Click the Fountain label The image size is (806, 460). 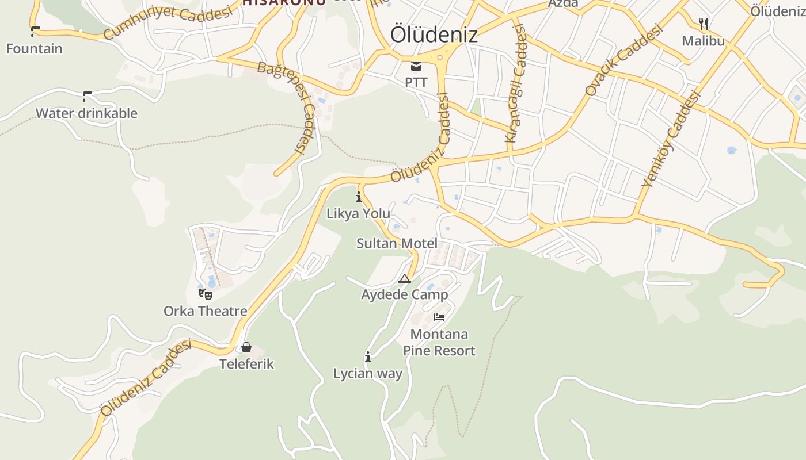(34, 49)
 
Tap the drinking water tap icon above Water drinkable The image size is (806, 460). (87, 96)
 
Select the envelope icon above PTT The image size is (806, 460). (416, 66)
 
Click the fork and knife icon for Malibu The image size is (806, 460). (703, 24)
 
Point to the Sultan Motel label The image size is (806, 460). (397, 243)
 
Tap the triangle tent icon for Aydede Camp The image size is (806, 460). (405, 279)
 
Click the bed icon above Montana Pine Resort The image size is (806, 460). (439, 317)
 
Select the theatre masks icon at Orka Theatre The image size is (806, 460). (206, 294)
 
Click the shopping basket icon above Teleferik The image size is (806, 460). (246, 347)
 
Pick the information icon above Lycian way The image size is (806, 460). (368, 357)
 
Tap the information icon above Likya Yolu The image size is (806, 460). (359, 197)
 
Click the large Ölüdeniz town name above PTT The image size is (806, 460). (434, 34)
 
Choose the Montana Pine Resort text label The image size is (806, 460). (439, 343)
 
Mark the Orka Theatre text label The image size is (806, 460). (206, 311)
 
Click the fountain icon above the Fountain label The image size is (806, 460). (35, 32)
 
